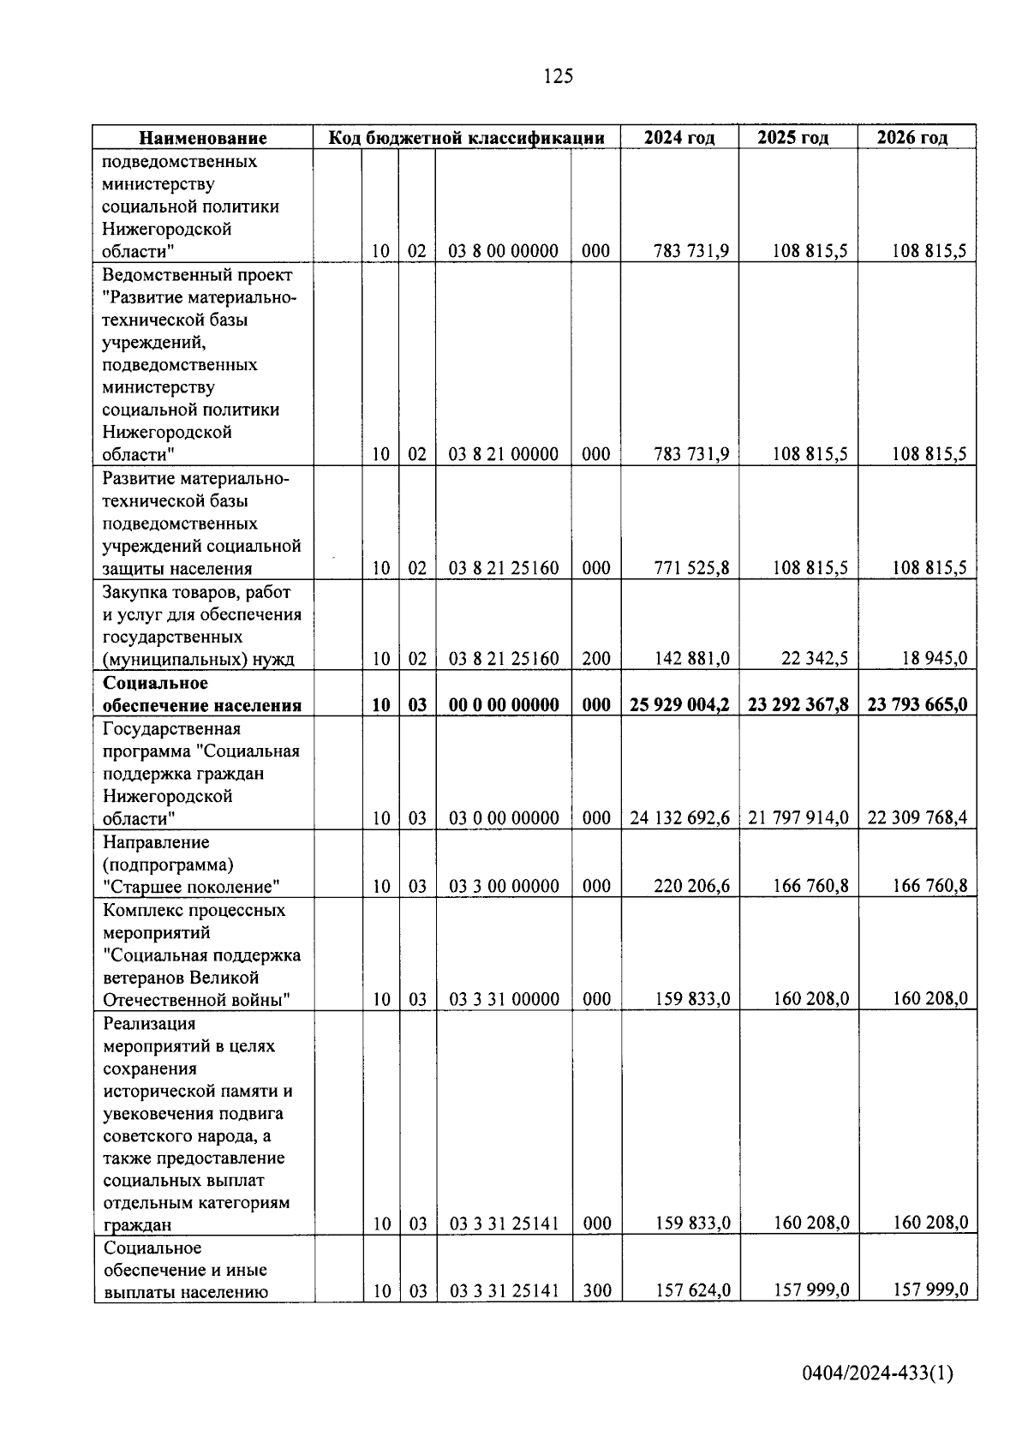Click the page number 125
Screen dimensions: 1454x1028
point(558,76)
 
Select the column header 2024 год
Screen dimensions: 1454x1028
point(679,138)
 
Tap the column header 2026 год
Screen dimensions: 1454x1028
point(912,138)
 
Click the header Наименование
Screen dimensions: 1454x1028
point(203,138)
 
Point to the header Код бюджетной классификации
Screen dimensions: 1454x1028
point(467,138)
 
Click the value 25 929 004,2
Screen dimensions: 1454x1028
point(679,704)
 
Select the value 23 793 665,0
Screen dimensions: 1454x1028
point(917,704)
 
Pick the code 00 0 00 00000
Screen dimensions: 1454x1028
point(504,704)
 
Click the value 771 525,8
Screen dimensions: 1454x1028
point(691,568)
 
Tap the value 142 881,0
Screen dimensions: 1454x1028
point(691,659)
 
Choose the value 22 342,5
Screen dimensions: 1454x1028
point(815,659)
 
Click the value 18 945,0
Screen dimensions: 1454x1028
point(934,659)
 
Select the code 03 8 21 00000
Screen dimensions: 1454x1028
point(504,454)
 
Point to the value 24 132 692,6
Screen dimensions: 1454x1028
point(679,818)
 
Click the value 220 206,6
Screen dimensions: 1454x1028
point(691,886)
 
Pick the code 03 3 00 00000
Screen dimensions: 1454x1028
point(504,886)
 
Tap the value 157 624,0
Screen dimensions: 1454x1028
point(692,1290)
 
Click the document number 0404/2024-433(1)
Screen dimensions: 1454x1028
point(877,1374)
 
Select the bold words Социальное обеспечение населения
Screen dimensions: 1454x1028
point(202,694)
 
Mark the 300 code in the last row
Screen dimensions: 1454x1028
point(596,1290)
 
